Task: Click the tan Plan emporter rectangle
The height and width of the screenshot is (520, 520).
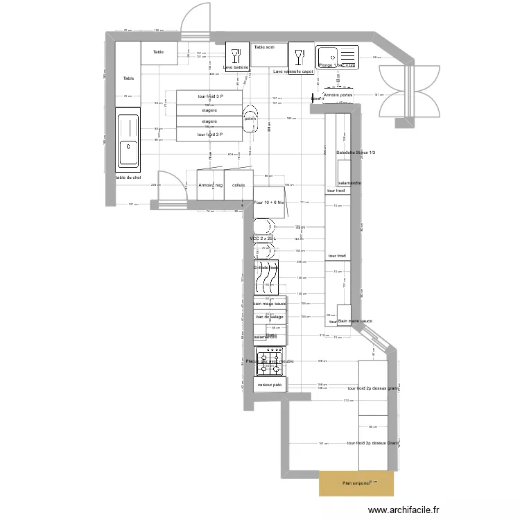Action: point(356,483)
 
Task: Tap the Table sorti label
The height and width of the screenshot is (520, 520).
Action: point(264,47)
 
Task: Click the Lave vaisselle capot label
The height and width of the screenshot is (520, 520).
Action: point(293,71)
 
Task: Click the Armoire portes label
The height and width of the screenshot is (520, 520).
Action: point(338,95)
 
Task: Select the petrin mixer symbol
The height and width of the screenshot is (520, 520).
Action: point(250,118)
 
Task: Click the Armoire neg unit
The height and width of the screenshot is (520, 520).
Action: point(210,185)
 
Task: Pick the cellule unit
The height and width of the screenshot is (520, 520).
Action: point(239,185)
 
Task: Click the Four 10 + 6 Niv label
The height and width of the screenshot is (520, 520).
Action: point(269,202)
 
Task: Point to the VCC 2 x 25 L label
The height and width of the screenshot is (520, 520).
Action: point(263,239)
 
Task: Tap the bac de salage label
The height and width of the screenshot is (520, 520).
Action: point(270,316)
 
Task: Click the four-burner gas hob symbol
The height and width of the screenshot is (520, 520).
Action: point(269,361)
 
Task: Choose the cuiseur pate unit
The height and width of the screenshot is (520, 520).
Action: point(269,385)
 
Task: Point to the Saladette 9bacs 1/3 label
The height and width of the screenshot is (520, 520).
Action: point(355,152)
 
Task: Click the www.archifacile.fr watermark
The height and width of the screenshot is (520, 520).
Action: point(404,510)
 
